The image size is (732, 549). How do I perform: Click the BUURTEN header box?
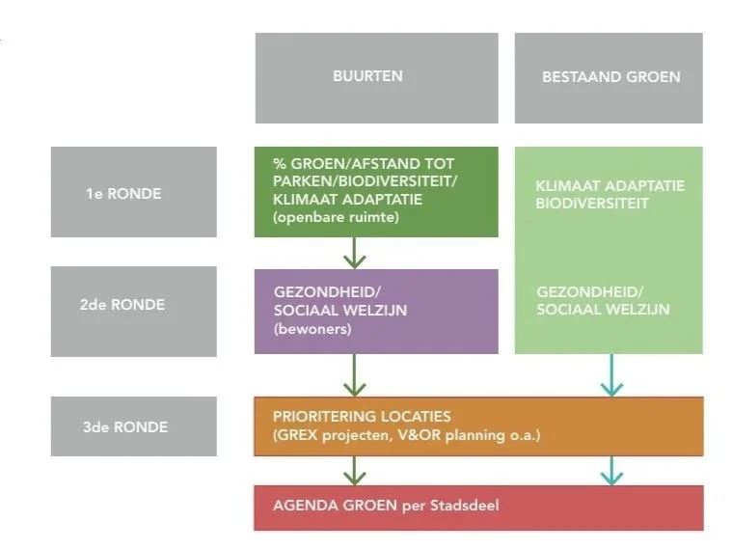click(x=376, y=77)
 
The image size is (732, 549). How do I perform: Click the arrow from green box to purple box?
click(x=355, y=253)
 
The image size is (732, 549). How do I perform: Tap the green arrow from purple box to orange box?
click(x=355, y=374)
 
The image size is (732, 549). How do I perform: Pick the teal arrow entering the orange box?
click(x=610, y=374)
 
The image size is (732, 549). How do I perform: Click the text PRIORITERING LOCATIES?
click(x=362, y=417)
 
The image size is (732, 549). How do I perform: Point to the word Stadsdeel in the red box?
click(x=466, y=505)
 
